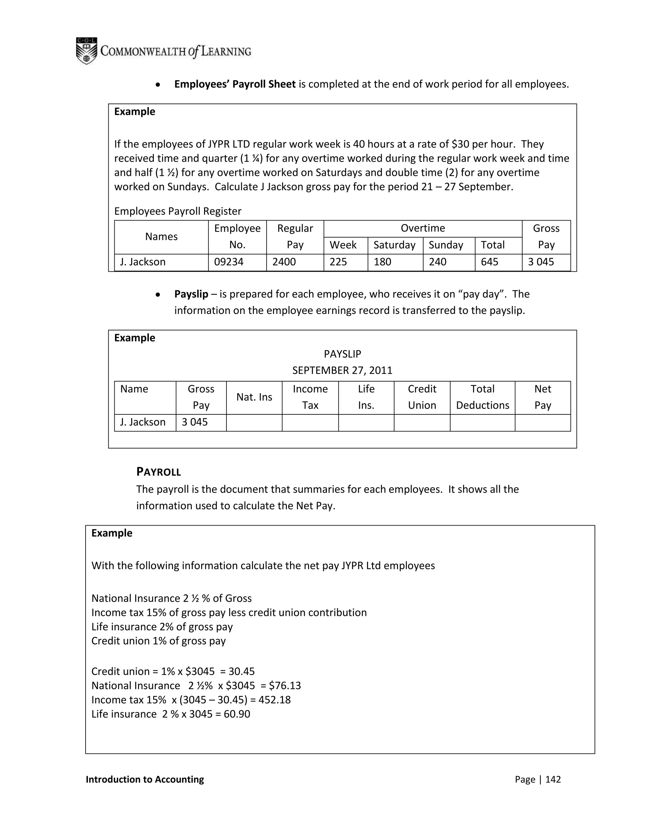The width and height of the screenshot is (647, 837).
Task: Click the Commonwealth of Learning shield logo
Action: pyautogui.click(x=86, y=51)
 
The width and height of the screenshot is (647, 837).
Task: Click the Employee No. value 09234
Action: pyautogui.click(x=228, y=262)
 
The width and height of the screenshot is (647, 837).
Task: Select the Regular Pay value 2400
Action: pyautogui.click(x=284, y=262)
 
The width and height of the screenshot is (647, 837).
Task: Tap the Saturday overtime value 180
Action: pyautogui.click(x=382, y=262)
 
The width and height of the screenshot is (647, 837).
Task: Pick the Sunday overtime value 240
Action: pyautogui.click(x=437, y=262)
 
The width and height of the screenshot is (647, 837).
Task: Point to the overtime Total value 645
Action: pyautogui.click(x=489, y=262)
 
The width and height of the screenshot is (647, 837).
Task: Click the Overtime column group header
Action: pyautogui.click(x=422, y=228)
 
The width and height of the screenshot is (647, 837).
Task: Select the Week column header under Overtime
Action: pyautogui.click(x=343, y=245)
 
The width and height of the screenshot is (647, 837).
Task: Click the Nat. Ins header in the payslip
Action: pyautogui.click(x=254, y=397)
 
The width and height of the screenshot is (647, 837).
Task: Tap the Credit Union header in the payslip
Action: pyautogui.click(x=422, y=397)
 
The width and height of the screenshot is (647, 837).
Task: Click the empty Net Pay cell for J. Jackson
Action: pyautogui.click(x=542, y=422)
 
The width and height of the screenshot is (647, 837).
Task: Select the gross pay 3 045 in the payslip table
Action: pyautogui.click(x=194, y=422)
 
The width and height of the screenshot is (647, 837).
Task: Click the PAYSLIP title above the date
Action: pyautogui.click(x=342, y=354)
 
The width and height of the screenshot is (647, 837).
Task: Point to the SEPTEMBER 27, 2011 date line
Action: pyautogui.click(x=342, y=370)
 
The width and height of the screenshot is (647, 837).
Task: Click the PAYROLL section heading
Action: pyautogui.click(x=158, y=472)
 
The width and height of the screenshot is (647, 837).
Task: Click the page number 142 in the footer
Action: pyautogui.click(x=553, y=779)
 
